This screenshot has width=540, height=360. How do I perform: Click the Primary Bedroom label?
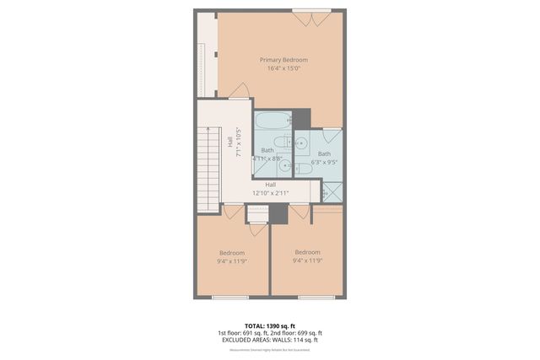[x=283, y=60]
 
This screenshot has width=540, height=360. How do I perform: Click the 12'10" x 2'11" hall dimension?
[x=271, y=193]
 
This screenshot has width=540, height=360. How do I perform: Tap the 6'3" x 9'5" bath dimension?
[x=325, y=162]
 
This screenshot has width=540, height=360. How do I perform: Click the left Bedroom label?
[x=232, y=253]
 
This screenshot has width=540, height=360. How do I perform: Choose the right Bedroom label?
[x=307, y=252]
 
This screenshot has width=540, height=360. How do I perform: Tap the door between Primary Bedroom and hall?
[x=240, y=91]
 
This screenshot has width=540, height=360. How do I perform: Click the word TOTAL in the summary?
[x=255, y=325]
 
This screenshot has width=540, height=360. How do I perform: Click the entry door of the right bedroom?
[x=300, y=212]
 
